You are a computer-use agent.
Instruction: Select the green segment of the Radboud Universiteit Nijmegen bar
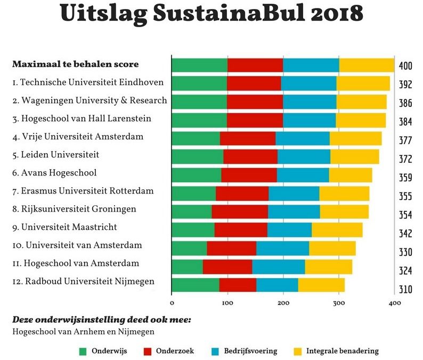195,285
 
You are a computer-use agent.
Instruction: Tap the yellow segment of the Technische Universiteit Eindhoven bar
363,83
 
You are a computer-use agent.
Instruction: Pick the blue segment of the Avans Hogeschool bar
303,175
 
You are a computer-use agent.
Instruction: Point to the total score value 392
405,85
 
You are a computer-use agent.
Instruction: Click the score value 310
405,289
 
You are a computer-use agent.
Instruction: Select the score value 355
405,196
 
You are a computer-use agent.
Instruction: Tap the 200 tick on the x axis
283,303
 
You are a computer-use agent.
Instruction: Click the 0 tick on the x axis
172,303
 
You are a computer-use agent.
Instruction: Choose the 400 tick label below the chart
394,303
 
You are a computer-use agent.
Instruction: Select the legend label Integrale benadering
342,351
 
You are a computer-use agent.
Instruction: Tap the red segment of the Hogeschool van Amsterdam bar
227,267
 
